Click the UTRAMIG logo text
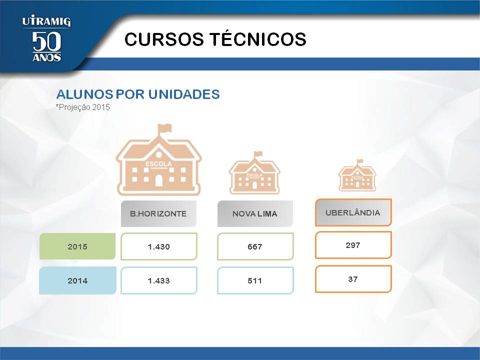pos(46,21)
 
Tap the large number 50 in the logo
pos(46,41)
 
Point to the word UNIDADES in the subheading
pos(184,94)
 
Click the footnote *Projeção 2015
pos(82,107)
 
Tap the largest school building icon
pos(158,160)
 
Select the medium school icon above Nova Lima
pos(254,172)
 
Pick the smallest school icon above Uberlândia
pos(357,175)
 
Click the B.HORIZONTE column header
pos(158,213)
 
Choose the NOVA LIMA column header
pos(255,213)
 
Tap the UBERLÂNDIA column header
pos(353,212)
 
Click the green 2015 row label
pos(77,246)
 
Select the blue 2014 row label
pos(77,280)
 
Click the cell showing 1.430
pos(159,246)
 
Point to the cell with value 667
pos(255,246)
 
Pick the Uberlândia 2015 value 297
pos(353,245)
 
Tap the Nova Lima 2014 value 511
pos(255,280)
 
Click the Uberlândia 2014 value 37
pos(353,279)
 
